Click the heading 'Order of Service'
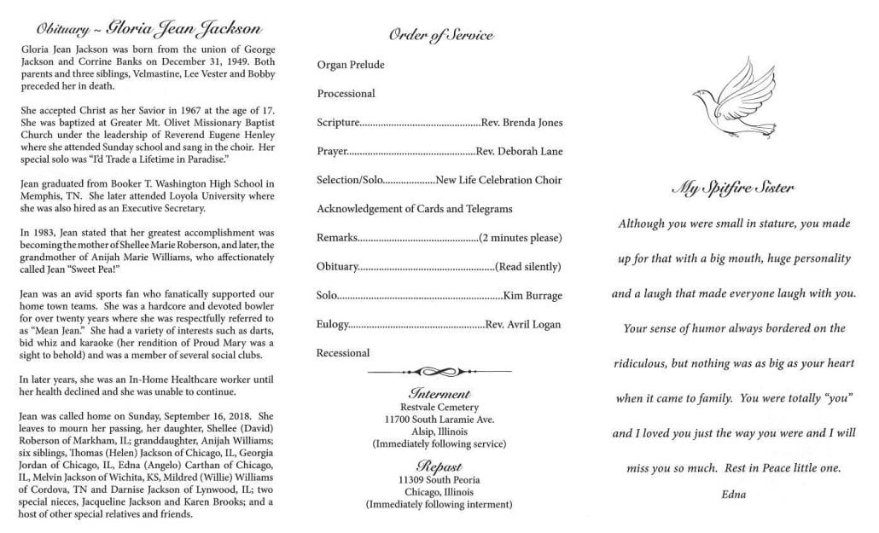[440, 35]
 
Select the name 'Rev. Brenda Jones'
[521, 122]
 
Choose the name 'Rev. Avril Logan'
[523, 324]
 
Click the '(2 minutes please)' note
[520, 237]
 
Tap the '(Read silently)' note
[527, 266]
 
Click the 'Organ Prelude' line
[351, 65]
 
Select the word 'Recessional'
[343, 352]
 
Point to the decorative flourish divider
[439, 372]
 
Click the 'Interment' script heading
[439, 394]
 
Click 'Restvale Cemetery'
[439, 407]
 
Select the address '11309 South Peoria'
[439, 479]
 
